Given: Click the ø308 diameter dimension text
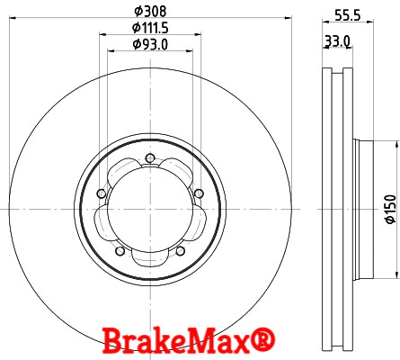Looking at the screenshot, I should click(x=150, y=12).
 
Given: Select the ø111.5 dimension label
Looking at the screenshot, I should click(x=150, y=29).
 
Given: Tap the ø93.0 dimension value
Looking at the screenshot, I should click(x=150, y=44).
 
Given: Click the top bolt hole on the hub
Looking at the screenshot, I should click(x=149, y=161).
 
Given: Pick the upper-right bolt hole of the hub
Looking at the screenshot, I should click(x=197, y=192).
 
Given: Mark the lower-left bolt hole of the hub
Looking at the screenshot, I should click(x=119, y=249).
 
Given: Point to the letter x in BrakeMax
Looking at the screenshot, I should click(x=244, y=342).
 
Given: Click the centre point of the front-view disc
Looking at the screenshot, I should click(x=149, y=209).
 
